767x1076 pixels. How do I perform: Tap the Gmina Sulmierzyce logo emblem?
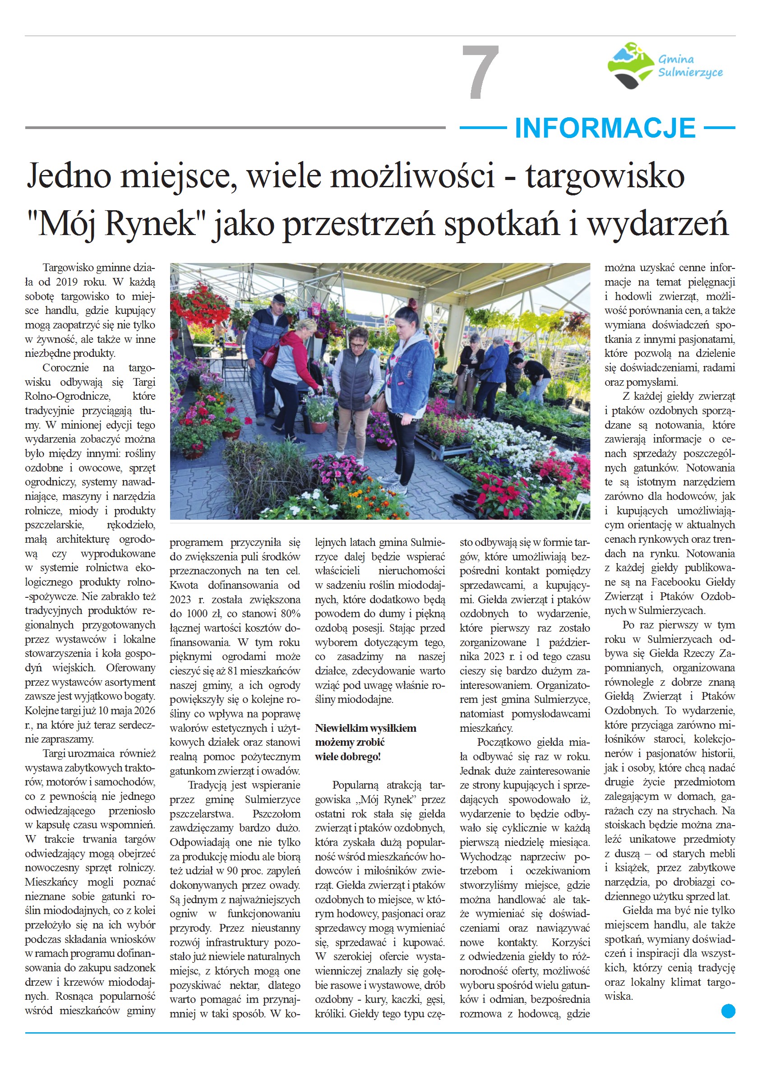click(x=630, y=65)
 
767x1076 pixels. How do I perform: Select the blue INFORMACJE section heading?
click(x=605, y=128)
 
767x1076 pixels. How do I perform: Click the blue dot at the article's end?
click(x=728, y=1011)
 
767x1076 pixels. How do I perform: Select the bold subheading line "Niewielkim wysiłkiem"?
click(x=365, y=728)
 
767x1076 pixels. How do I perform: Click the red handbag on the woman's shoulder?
click(x=271, y=355)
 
